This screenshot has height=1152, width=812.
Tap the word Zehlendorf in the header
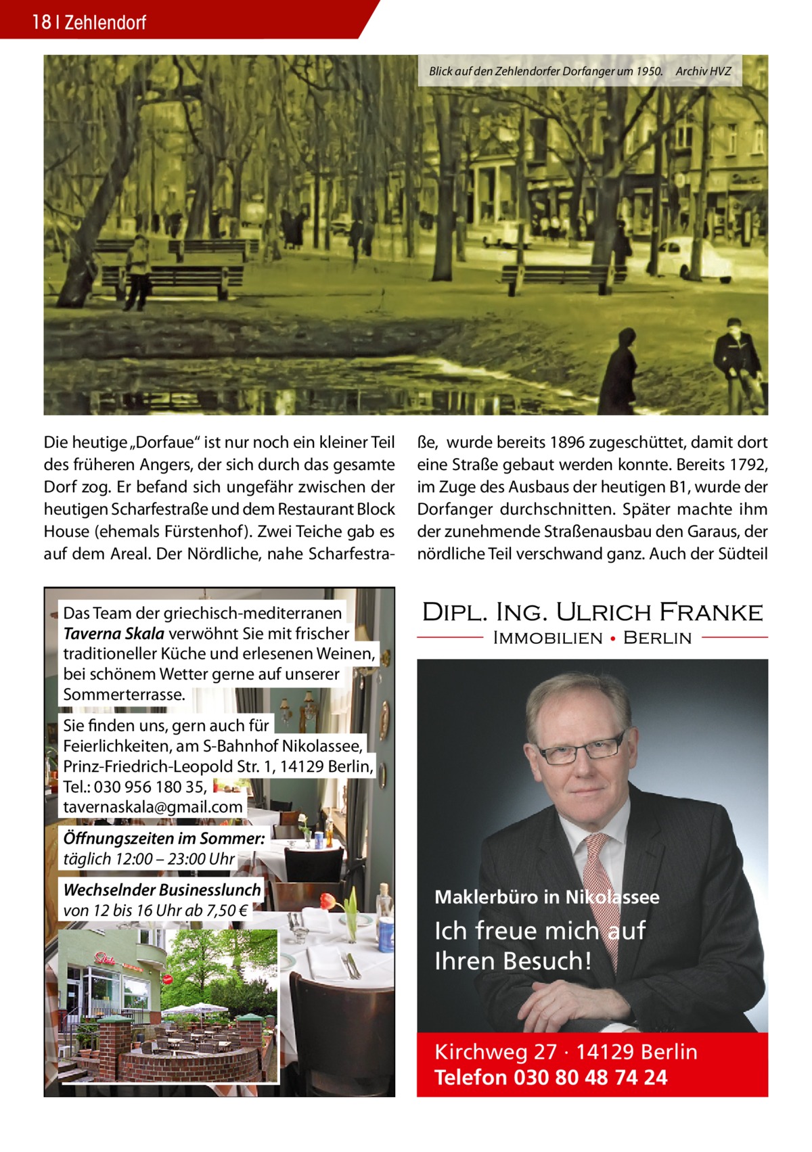click(x=106, y=23)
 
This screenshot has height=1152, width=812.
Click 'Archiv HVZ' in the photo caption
click(x=703, y=70)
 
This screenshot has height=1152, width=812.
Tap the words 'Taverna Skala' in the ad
click(x=114, y=634)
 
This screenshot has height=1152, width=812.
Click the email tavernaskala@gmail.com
click(x=153, y=807)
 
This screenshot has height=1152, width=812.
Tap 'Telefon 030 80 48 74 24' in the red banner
click(x=550, y=1077)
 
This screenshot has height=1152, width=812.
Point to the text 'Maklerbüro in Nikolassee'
click(x=547, y=898)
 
